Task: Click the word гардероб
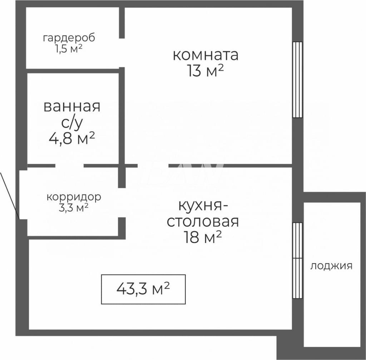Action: tap(69, 38)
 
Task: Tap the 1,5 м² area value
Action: tap(68, 49)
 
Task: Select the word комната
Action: tap(206, 55)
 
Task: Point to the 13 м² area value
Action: tap(205, 71)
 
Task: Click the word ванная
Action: tap(72, 106)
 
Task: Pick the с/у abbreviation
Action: tap(72, 123)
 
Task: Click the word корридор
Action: tap(74, 197)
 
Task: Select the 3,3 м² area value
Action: tap(73, 207)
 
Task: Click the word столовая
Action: tap(203, 222)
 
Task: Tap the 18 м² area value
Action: tap(203, 237)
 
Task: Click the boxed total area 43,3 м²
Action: tap(143, 289)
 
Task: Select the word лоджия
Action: tap(331, 266)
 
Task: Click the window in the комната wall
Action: tap(298, 79)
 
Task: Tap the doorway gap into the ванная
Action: tap(70, 166)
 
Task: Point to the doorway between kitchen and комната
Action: tap(153, 166)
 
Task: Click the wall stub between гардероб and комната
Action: tap(122, 23)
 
